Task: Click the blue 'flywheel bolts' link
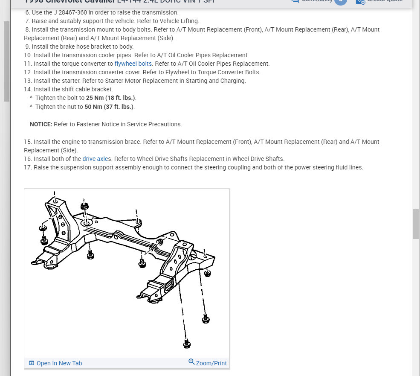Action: [133, 64]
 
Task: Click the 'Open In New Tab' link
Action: [59, 363]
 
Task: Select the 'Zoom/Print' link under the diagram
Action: [211, 363]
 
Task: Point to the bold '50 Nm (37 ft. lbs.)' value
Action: [109, 107]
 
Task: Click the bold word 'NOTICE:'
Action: [41, 124]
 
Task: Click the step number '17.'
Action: [28, 167]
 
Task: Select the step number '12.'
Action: [28, 72]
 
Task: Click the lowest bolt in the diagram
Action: [186, 343]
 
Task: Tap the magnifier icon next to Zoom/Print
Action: [191, 362]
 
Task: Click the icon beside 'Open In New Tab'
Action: [32, 363]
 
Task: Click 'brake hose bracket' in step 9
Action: [78, 47]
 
